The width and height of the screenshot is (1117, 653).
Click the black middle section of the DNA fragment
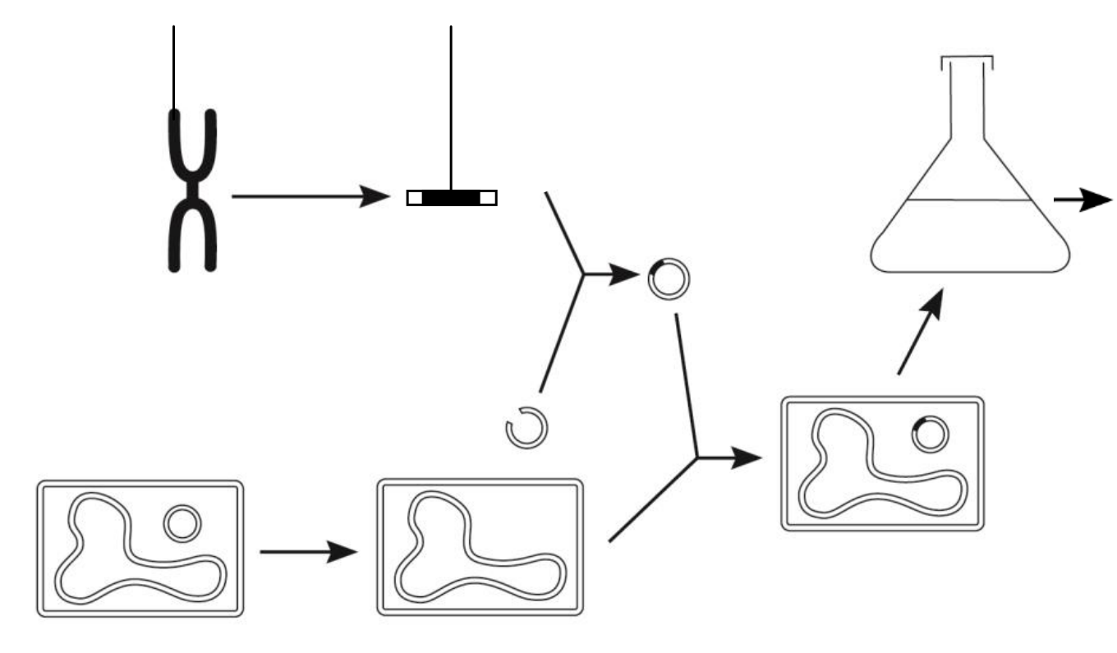click(x=451, y=198)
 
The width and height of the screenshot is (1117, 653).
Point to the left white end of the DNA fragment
click(x=415, y=198)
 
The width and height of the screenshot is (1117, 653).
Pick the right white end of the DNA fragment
click(x=488, y=198)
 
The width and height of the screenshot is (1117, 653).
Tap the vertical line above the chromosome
click(x=173, y=66)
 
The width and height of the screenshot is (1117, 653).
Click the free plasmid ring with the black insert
click(x=669, y=279)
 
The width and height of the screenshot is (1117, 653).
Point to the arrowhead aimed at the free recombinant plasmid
click(x=626, y=274)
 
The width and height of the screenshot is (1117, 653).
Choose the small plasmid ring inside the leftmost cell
click(x=181, y=524)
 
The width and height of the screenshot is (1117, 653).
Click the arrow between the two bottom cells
click(x=308, y=552)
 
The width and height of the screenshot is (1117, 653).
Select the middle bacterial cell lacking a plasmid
click(x=480, y=546)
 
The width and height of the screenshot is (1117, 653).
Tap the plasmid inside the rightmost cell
click(x=930, y=434)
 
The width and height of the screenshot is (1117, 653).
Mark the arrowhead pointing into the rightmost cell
click(x=748, y=458)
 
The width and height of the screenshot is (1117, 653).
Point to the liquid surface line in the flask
click(x=969, y=200)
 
